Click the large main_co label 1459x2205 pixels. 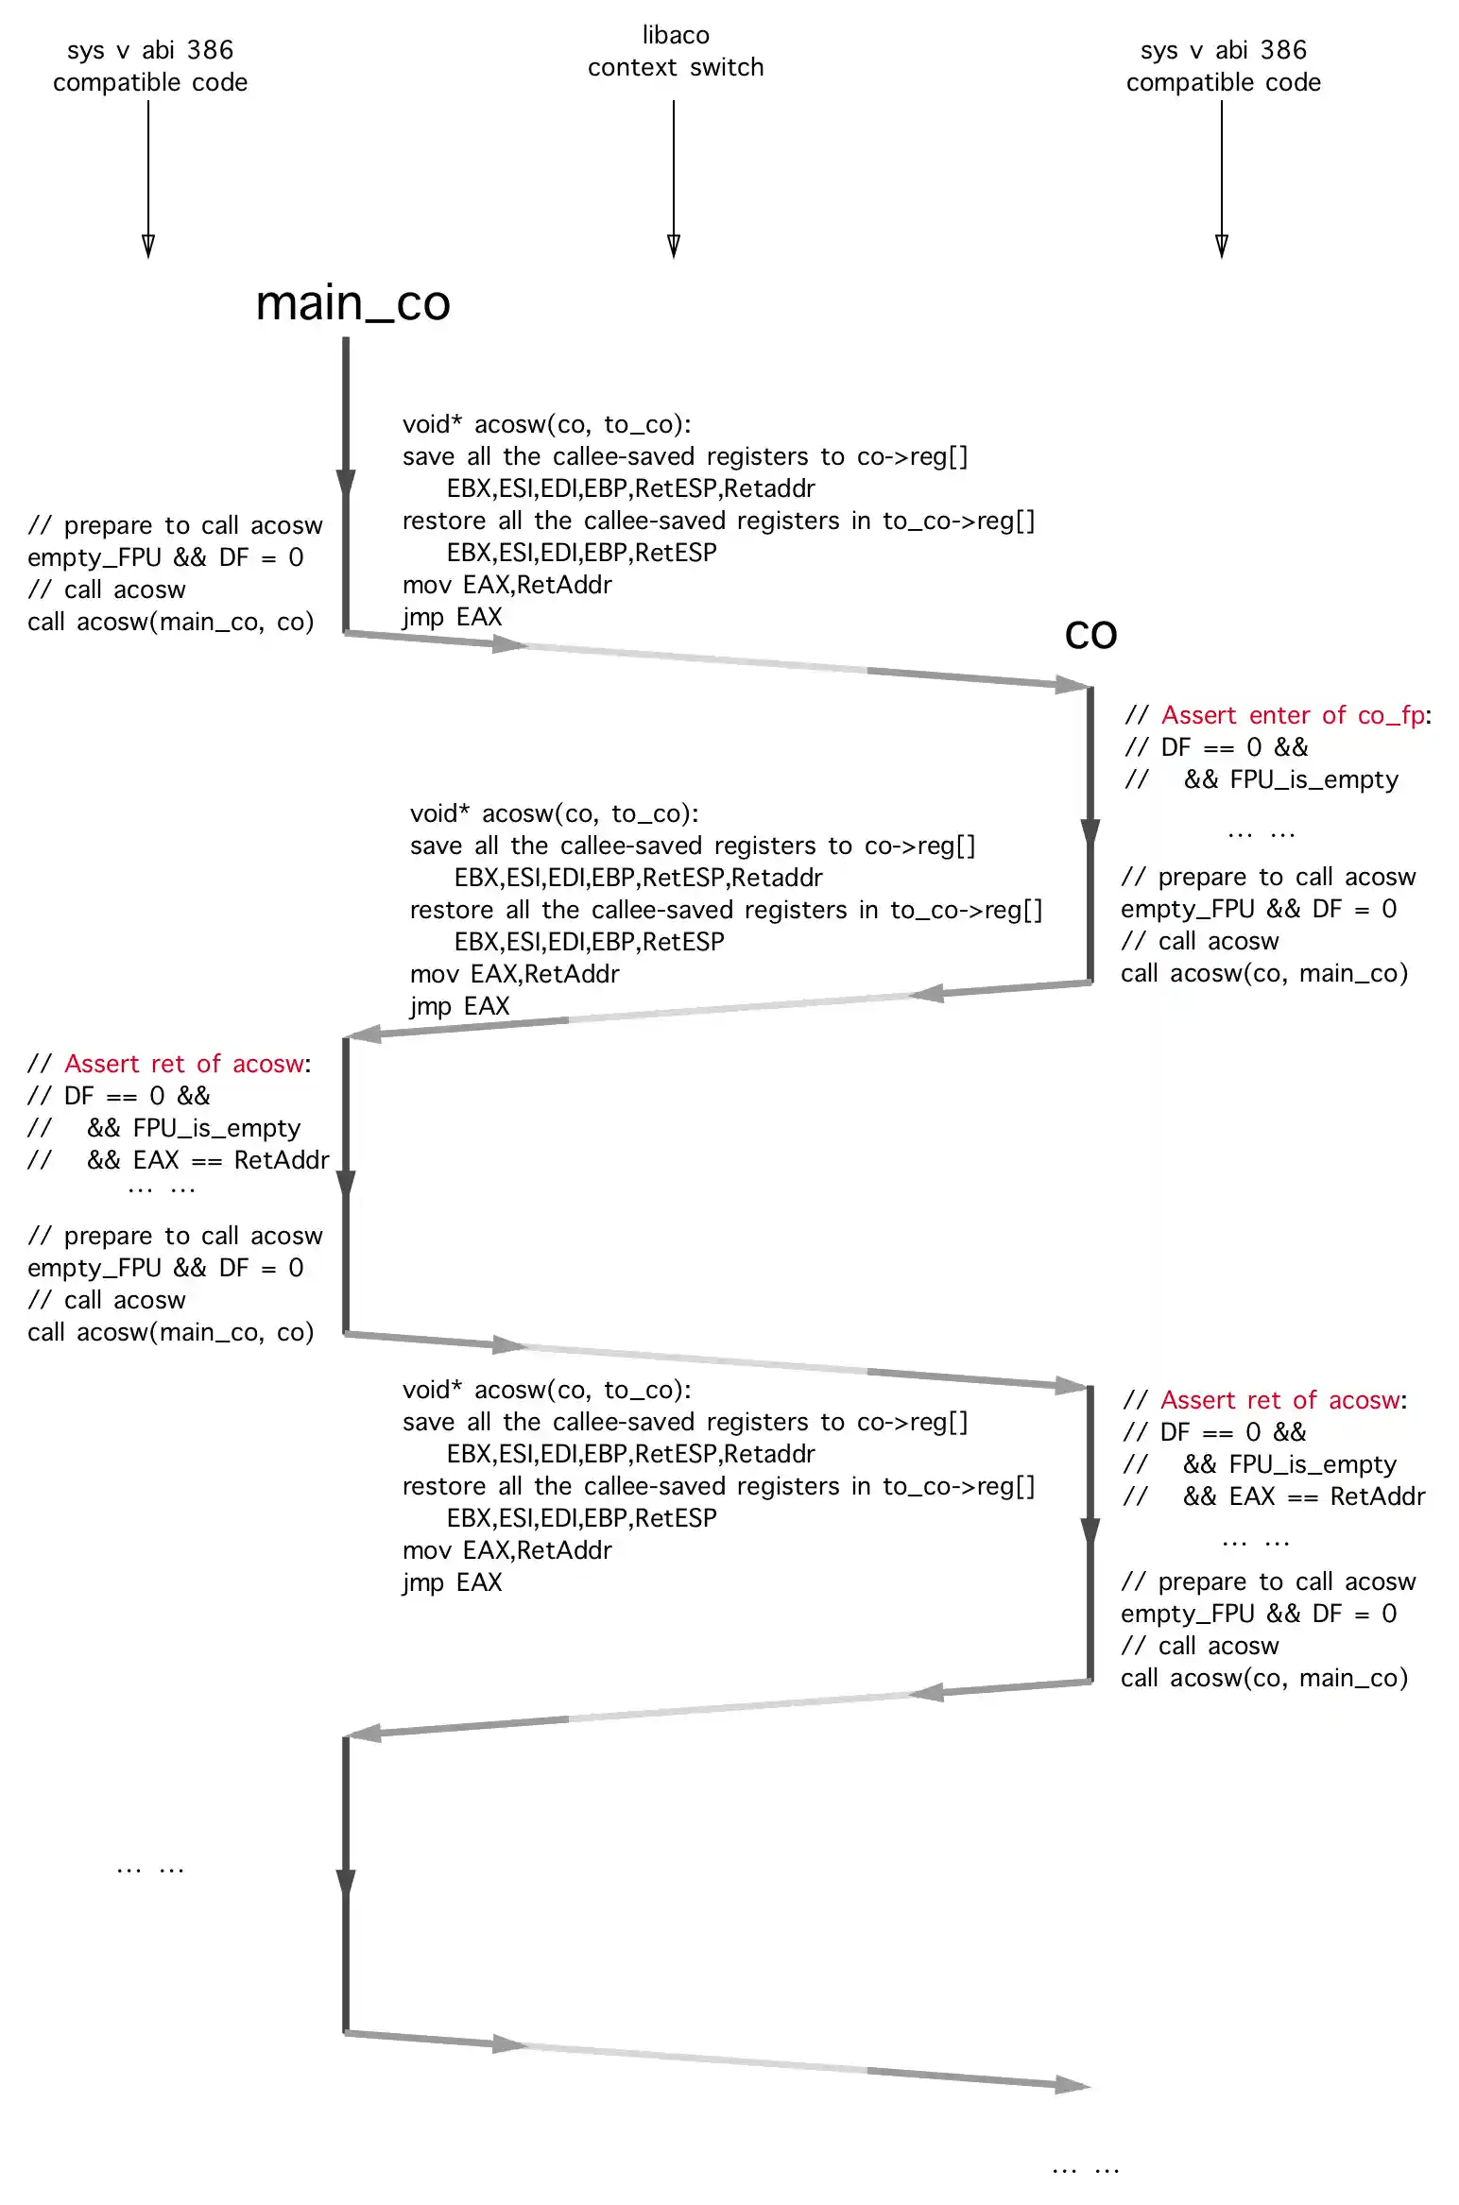(352, 303)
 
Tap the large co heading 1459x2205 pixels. (1090, 634)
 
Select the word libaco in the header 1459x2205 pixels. (676, 35)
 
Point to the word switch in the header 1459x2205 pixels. (727, 67)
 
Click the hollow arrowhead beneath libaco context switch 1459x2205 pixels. (674, 246)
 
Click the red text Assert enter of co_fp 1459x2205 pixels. (1293, 715)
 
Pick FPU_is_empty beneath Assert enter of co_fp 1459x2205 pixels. (1313, 779)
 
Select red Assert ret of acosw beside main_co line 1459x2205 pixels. (184, 1064)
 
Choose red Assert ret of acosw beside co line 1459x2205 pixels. (1280, 1400)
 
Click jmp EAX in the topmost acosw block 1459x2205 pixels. (452, 617)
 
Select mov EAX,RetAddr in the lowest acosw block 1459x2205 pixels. (506, 1550)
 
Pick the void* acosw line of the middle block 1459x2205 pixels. (554, 813)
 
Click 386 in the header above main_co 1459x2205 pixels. (209, 50)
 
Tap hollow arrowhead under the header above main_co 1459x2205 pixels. (148, 246)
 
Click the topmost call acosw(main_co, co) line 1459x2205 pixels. (170, 622)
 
